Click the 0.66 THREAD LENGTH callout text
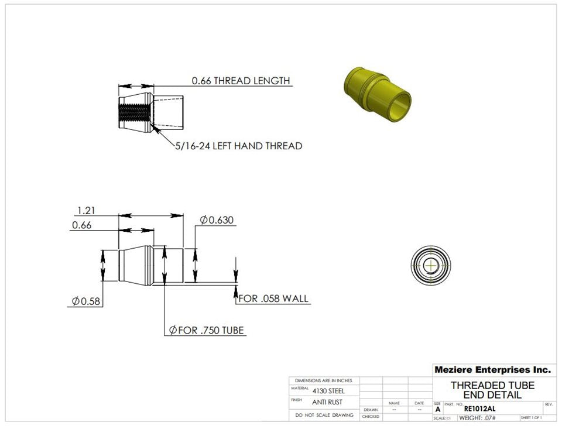point(241,81)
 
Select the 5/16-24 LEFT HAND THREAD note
point(238,146)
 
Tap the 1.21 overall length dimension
point(85,210)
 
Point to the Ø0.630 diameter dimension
point(217,220)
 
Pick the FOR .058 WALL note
point(273,298)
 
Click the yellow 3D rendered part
point(376,91)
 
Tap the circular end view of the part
point(432,265)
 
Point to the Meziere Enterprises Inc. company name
point(492,370)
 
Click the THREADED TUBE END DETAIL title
point(492,390)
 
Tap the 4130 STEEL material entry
point(328,391)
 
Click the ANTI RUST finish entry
point(327,403)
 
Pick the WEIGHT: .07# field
point(477,418)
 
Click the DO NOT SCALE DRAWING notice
point(324,415)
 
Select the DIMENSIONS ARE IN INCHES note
point(324,380)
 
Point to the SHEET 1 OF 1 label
point(531,418)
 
